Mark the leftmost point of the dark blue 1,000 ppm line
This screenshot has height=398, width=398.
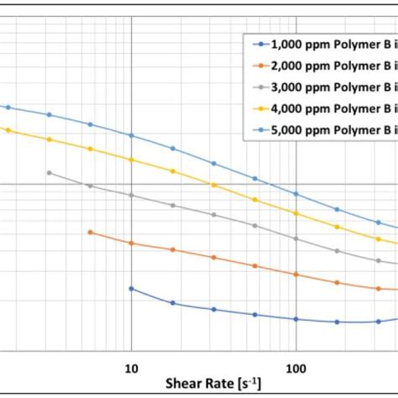tap(131, 288)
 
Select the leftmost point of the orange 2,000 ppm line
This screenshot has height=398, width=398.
tap(90, 233)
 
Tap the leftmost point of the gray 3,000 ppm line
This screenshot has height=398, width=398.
tap(49, 173)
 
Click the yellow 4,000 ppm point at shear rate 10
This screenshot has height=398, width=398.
tap(131, 159)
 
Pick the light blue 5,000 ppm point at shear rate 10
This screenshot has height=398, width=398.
tap(131, 135)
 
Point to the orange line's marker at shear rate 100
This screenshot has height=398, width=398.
tap(296, 274)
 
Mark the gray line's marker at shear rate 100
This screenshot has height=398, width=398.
tap(296, 238)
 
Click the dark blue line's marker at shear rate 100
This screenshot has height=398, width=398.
tap(296, 319)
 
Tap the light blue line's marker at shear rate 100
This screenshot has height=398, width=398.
tap(296, 193)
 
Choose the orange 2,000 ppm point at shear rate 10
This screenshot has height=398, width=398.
tap(131, 243)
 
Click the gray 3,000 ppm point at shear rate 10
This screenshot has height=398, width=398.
tap(131, 195)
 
